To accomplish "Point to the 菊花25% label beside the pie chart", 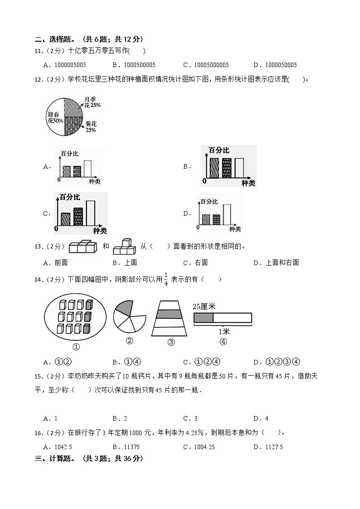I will coord(91,126).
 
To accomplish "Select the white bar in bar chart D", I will coord(226,214).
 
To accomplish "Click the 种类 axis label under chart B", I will coord(248,183).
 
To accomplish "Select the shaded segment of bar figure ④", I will coord(203,318).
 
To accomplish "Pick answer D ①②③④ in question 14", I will coord(283,362).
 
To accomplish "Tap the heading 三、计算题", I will coord(55,459).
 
